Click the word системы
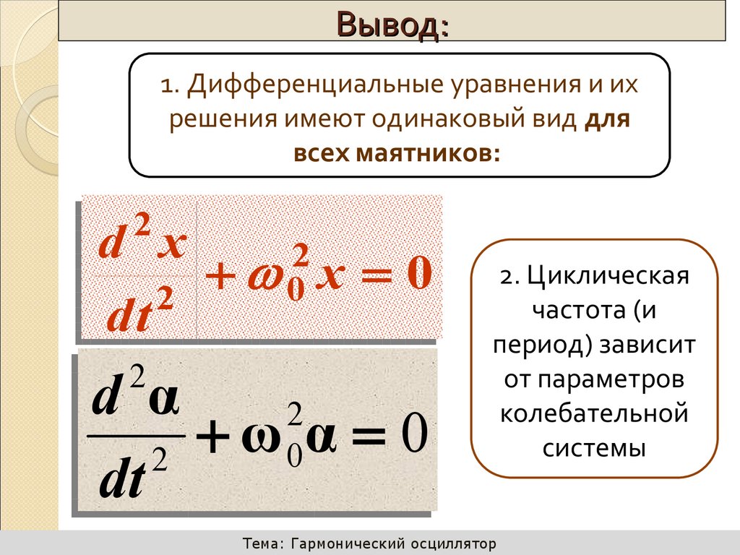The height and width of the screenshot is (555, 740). [x=593, y=447]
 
